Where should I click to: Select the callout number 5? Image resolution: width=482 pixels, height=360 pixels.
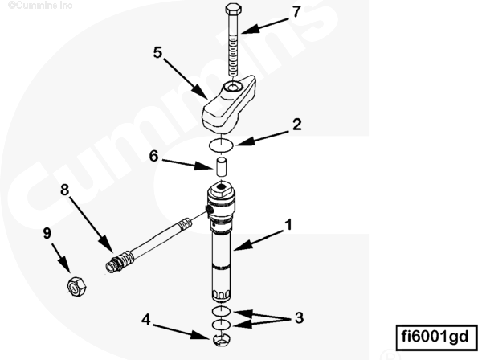pyautogui.click(x=158, y=52)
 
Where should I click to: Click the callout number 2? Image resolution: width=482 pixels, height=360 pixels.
pyautogui.click(x=296, y=125)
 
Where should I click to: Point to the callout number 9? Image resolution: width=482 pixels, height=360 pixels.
pyautogui.click(x=47, y=233)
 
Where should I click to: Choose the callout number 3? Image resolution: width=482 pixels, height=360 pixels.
pyautogui.click(x=299, y=317)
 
